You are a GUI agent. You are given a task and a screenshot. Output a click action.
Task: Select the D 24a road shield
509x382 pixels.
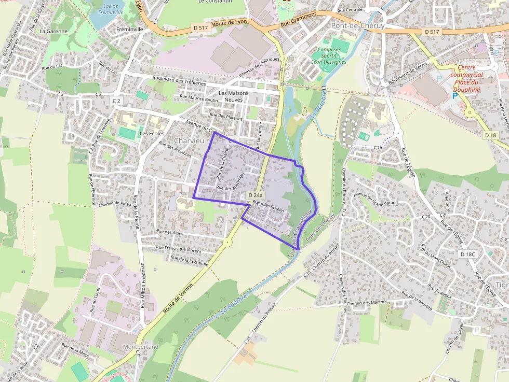click(256, 195)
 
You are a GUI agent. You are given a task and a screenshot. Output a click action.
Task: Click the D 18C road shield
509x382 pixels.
click(468, 254)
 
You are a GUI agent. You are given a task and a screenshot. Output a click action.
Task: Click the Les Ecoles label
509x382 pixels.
click(152, 134)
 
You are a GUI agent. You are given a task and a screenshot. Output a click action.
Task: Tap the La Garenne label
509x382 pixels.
click(53, 31)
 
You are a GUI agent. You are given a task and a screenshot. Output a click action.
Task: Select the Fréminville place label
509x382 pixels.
click(130, 30)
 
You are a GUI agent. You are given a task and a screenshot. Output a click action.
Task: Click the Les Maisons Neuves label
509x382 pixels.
click(234, 96)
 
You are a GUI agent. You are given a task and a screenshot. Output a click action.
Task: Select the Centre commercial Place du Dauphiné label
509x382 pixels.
click(467, 78)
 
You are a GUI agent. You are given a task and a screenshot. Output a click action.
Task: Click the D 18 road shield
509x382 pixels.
click(489, 135)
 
